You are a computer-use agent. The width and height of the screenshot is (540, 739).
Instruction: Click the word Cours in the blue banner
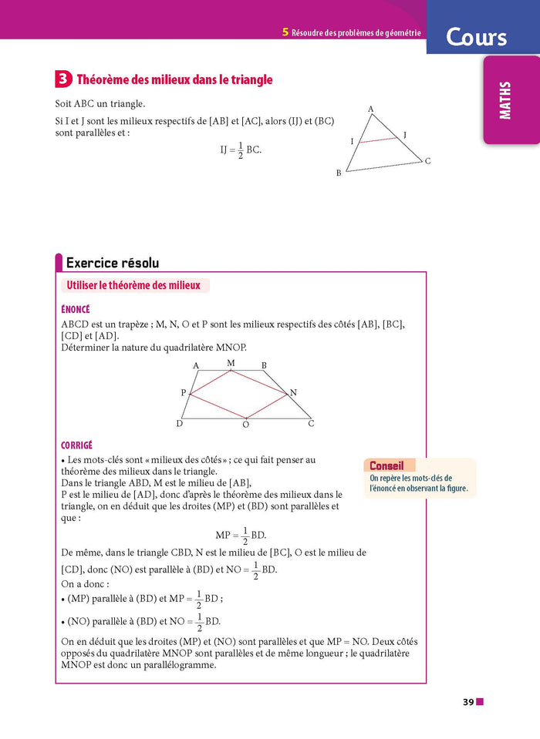(x=476, y=37)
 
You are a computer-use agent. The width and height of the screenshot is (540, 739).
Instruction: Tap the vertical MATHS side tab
(x=505, y=101)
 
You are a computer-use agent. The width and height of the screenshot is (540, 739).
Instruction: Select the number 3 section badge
(x=64, y=79)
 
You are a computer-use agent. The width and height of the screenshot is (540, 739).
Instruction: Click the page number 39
(x=467, y=702)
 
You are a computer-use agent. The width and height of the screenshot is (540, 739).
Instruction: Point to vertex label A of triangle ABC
(x=370, y=109)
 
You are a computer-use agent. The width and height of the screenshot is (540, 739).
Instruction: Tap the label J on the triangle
(x=404, y=136)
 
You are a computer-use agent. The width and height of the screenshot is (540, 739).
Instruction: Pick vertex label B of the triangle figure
(x=338, y=173)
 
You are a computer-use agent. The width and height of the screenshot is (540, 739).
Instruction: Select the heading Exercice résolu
(x=113, y=263)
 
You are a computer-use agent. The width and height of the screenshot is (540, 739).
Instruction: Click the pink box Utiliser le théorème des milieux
(x=133, y=286)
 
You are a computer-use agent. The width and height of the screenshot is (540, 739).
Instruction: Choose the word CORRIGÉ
(x=76, y=445)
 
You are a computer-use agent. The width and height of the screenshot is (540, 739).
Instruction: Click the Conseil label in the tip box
(x=386, y=466)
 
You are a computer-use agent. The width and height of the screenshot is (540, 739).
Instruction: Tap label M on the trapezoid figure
(x=230, y=362)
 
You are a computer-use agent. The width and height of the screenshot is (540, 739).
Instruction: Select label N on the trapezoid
(x=293, y=393)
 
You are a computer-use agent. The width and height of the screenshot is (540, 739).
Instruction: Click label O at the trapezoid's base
(x=245, y=425)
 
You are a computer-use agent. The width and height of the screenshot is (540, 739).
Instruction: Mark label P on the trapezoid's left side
(x=184, y=393)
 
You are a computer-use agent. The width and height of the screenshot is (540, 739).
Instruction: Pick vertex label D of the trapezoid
(x=180, y=423)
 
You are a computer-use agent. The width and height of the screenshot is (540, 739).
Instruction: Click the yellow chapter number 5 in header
(x=285, y=32)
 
